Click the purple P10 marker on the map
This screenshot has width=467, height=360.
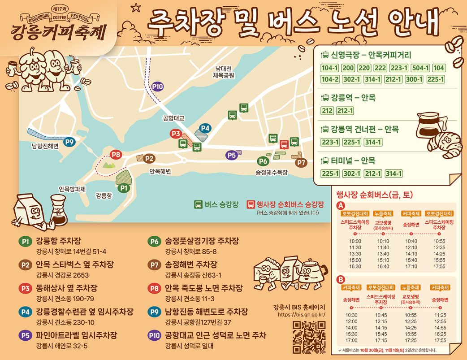(x=157, y=87)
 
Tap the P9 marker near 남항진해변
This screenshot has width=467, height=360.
(x=69, y=142)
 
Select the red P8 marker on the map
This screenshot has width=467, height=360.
(x=116, y=155)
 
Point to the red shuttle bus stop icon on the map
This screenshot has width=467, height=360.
(x=284, y=144)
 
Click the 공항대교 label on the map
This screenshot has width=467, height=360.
(x=173, y=119)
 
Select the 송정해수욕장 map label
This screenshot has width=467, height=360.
(x=271, y=173)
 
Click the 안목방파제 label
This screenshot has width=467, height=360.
(x=72, y=189)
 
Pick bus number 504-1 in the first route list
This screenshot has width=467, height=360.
(x=420, y=68)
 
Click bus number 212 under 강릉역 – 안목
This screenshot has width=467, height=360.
(x=327, y=111)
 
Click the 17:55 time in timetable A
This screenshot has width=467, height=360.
(x=439, y=266)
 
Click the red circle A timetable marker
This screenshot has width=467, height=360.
(x=340, y=205)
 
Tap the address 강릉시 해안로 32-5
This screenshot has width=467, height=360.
(x=62, y=346)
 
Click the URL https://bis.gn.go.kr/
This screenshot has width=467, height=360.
(x=301, y=314)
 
